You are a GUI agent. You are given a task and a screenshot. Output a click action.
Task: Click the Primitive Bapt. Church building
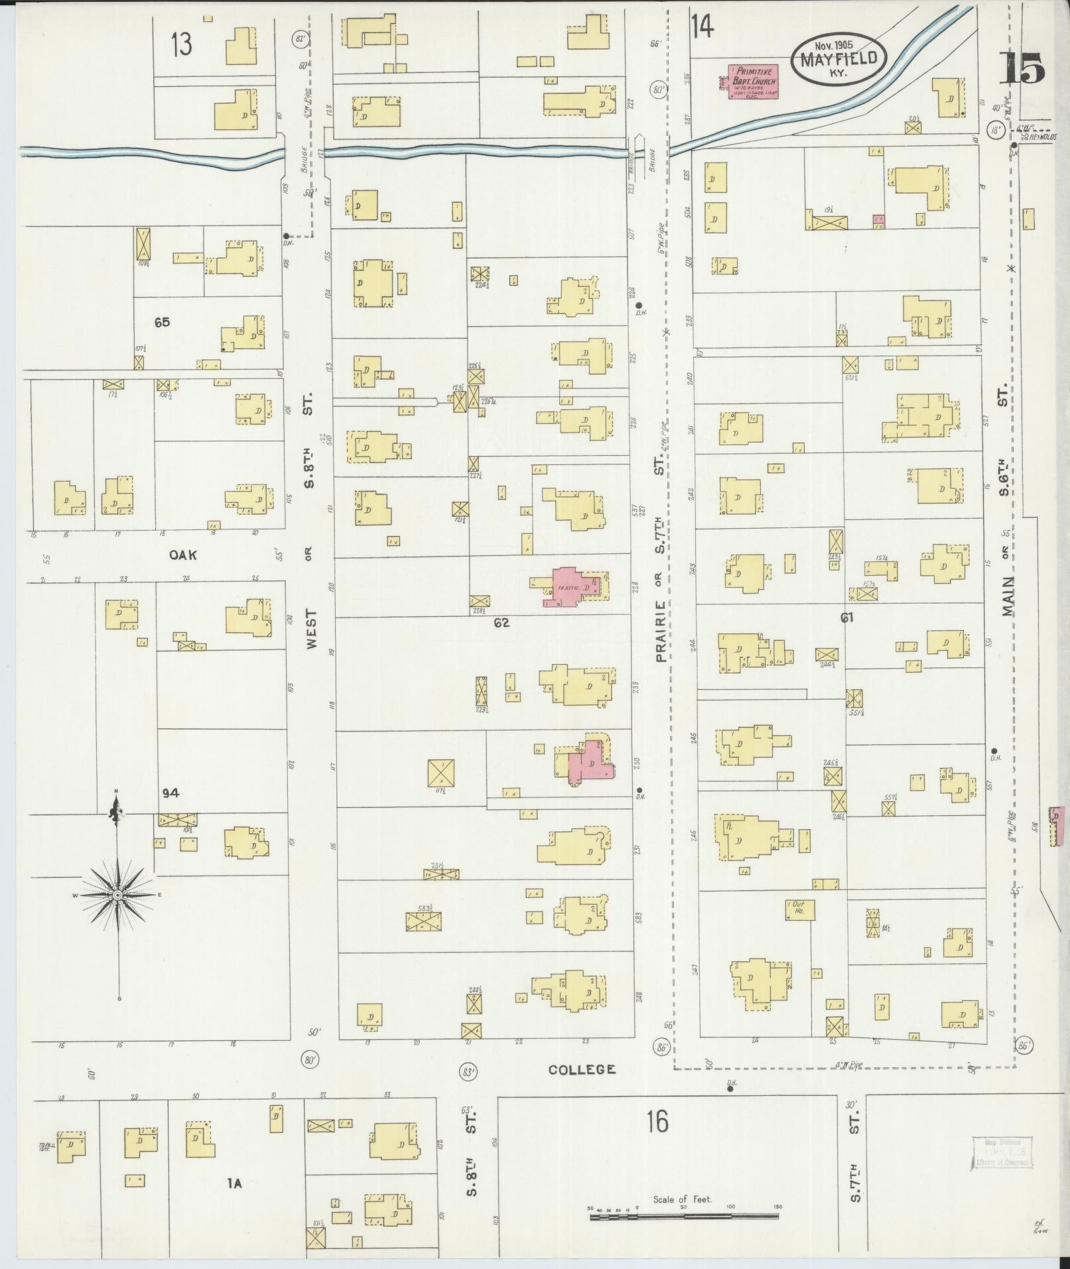coord(753,82)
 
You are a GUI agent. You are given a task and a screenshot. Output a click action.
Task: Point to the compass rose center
coord(117,896)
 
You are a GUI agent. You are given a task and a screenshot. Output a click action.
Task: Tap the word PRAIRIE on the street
coord(661,631)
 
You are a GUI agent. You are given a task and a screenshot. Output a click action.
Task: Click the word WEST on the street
coord(312,630)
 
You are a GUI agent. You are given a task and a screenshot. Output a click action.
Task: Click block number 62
coord(501,622)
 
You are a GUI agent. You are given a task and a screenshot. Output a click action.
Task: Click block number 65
coord(162,322)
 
